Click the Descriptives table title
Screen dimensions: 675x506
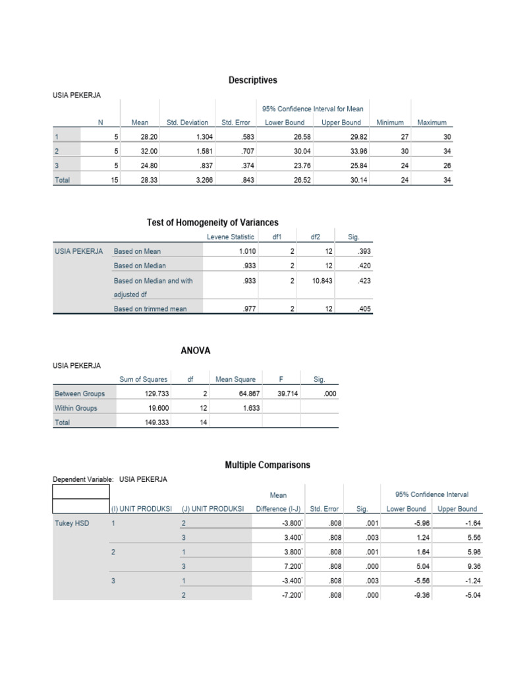[x=253, y=80]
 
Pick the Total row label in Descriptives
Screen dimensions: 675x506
[x=63, y=179]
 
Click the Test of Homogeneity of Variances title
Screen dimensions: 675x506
[x=212, y=223]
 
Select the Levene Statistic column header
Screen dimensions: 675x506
[x=229, y=237]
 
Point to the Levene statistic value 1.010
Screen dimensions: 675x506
[x=245, y=251]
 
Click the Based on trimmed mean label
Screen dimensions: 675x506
[x=150, y=308]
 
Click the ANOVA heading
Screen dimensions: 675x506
[x=196, y=351]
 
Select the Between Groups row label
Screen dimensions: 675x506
[x=80, y=394]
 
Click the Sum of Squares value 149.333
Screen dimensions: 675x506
[x=156, y=423]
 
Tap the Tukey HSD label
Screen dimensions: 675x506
[x=73, y=523]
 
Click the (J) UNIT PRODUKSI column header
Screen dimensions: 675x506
[x=212, y=509]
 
